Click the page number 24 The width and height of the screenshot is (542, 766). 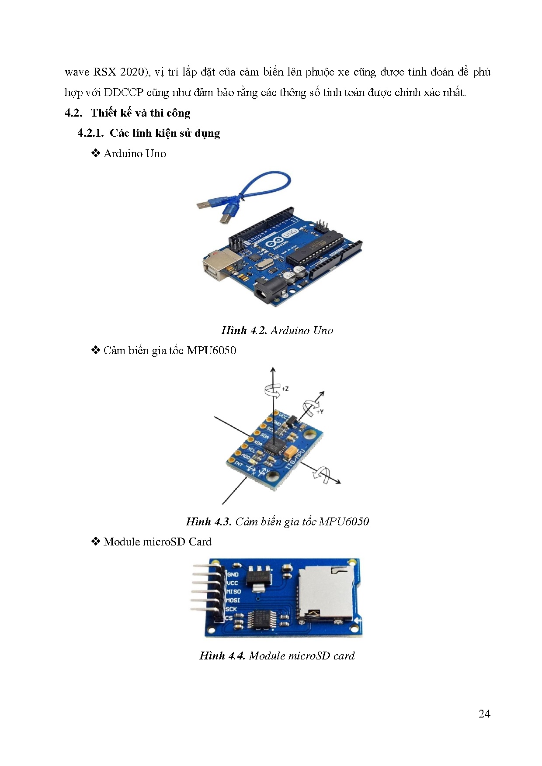coord(484,714)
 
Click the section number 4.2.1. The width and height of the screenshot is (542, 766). coord(90,133)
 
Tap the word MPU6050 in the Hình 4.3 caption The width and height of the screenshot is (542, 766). coord(344,521)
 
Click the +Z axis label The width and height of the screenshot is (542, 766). coord(285,388)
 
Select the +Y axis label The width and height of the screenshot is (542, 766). coord(320,411)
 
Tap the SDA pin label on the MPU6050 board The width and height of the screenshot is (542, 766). coord(264,435)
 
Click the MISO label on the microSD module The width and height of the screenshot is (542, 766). coord(233,591)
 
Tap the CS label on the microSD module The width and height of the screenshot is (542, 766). coord(229,618)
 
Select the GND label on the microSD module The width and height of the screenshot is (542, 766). coord(233,574)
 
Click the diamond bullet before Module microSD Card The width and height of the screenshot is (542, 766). coord(95,542)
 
